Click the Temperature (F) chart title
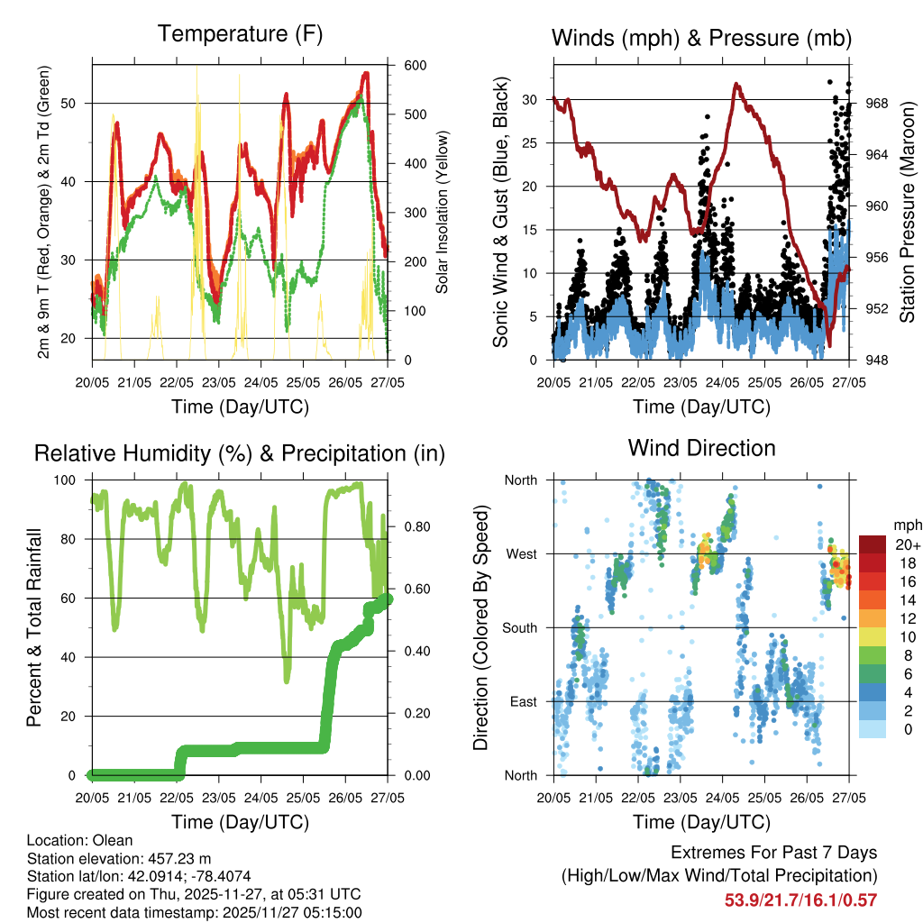[240, 35]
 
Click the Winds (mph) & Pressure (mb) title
[701, 38]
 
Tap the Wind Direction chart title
[701, 447]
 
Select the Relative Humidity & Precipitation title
[240, 453]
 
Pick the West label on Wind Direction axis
[520, 553]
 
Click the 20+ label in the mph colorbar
[906, 544]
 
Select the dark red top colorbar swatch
[873, 544]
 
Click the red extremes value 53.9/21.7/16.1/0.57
[800, 900]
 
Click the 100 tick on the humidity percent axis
[75, 480]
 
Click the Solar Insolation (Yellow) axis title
[443, 213]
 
